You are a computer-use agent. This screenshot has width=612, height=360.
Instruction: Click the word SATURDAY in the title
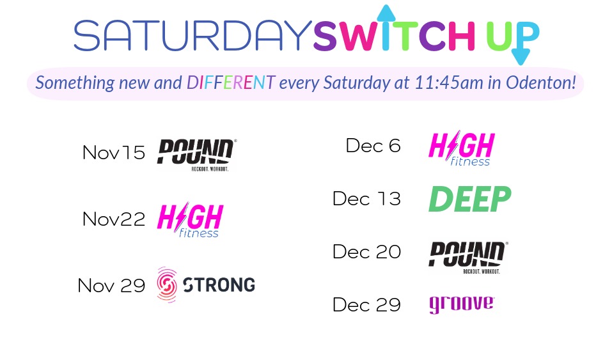tap(191, 36)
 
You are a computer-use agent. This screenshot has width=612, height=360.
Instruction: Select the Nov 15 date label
tap(114, 153)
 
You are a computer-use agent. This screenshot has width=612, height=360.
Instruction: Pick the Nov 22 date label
tap(114, 219)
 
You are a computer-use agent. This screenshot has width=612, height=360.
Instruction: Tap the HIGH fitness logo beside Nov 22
tap(190, 220)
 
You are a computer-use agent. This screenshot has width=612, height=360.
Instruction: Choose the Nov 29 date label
tap(111, 285)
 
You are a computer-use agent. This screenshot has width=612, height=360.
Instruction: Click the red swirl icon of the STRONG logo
tap(167, 285)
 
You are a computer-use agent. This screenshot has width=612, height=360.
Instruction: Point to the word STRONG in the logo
tap(219, 285)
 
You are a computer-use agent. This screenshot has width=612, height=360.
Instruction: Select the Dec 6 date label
tap(373, 146)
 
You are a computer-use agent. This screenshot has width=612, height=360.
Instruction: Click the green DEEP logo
tap(469, 199)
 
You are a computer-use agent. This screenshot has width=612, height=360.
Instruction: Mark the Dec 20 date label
tap(366, 252)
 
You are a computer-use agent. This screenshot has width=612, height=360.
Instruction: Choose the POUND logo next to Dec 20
tap(467, 257)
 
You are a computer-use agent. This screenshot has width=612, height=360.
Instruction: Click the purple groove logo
tap(461, 304)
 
